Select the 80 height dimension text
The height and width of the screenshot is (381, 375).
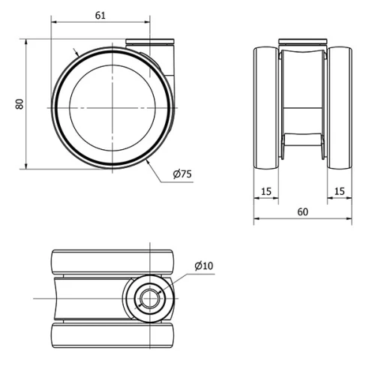click(20, 103)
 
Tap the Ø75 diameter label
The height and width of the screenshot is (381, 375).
click(182, 174)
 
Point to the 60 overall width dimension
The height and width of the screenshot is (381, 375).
click(302, 212)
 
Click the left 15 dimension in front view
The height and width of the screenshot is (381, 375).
click(266, 192)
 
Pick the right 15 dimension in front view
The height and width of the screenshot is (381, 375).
click(339, 192)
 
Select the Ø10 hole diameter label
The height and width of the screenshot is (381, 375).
click(203, 265)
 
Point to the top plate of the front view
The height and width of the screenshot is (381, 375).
click(302, 41)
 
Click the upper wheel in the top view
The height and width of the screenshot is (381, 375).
click(112, 261)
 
